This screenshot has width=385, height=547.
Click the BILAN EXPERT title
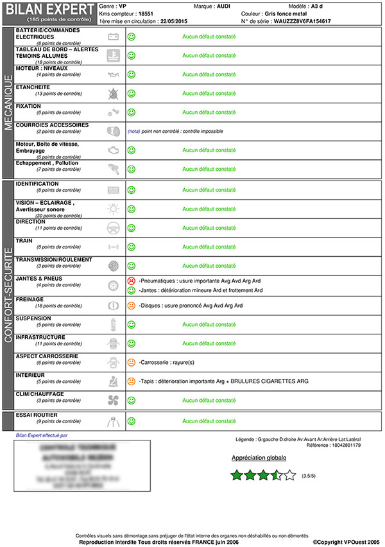tap(49, 8)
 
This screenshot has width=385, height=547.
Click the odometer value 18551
tap(145, 13)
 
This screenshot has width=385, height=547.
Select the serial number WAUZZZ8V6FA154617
tap(302, 21)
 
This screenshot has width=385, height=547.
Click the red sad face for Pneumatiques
tap(132, 281)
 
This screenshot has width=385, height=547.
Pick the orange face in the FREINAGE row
tap(132, 306)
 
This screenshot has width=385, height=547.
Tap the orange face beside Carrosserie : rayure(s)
tap(132, 363)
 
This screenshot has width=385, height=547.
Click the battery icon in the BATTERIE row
tap(113, 37)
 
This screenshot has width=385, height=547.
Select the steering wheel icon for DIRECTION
tap(113, 228)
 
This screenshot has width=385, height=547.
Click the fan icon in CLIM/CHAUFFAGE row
tap(113, 400)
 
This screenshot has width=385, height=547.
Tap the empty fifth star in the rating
tap(290, 476)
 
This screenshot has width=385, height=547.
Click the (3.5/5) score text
tap(309, 476)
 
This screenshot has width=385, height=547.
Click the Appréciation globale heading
tap(259, 458)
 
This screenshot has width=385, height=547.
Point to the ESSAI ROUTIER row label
tap(37, 415)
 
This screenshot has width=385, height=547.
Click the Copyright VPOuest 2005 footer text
tap(347, 542)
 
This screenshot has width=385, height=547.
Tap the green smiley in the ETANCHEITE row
tap(132, 94)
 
